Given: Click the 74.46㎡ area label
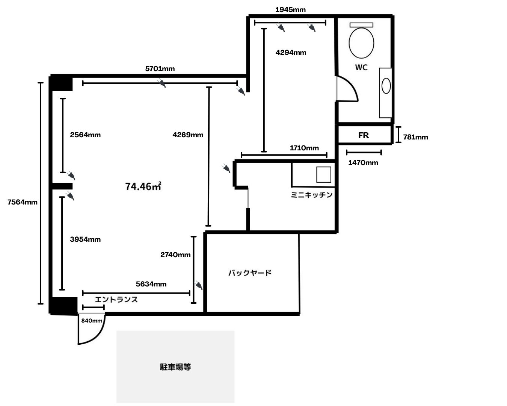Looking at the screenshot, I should pyautogui.click(x=143, y=186).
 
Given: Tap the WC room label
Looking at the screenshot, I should pyautogui.click(x=361, y=68).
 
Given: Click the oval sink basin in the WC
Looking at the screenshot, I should pyautogui.click(x=386, y=86).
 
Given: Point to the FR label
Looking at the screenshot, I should pyautogui.click(x=364, y=135).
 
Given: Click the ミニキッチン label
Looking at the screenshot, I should pyautogui.click(x=312, y=195).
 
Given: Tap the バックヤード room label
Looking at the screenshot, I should pyautogui.click(x=250, y=273).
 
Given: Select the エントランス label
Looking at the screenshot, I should pyautogui.click(x=116, y=300).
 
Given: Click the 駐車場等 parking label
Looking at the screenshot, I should pyautogui.click(x=175, y=367).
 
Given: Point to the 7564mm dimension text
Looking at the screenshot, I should pyautogui.click(x=23, y=202).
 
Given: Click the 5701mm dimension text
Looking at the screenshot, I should pyautogui.click(x=160, y=69).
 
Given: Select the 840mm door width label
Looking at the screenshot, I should pyautogui.click(x=92, y=321).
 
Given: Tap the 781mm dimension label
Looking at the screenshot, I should pyautogui.click(x=415, y=137).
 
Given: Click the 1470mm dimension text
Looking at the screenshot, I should pyautogui.click(x=363, y=163).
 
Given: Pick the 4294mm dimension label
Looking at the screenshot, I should pyautogui.click(x=291, y=53).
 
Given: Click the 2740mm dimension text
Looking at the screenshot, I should pyautogui.click(x=175, y=255).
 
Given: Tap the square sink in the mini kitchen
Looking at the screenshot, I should pyautogui.click(x=323, y=174).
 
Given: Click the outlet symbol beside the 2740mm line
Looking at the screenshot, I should pyautogui.click(x=198, y=285).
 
